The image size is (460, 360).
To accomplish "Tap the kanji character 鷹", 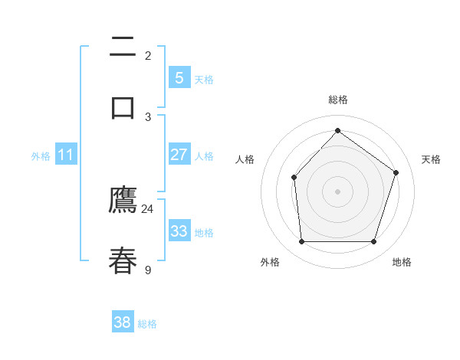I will (x=123, y=200).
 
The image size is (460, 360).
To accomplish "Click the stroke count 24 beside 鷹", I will (x=147, y=209).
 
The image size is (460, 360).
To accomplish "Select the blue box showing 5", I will (x=179, y=77).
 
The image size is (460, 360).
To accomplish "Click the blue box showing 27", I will (x=179, y=155).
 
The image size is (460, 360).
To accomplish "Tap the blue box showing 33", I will (x=179, y=231).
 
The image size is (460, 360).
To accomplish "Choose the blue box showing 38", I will (x=123, y=322).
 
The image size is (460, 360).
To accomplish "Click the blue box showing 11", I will (x=66, y=155).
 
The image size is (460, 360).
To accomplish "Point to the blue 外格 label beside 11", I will (x=41, y=155).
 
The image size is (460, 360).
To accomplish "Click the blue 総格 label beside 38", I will (x=147, y=324).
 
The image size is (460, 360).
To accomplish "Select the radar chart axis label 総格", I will (x=337, y=100).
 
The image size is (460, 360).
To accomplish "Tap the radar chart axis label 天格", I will (x=431, y=159).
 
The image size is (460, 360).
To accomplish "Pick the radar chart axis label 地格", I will (x=402, y=262).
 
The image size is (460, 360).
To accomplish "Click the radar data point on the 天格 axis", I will (x=396, y=172).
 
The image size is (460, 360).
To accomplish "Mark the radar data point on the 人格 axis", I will (x=294, y=178).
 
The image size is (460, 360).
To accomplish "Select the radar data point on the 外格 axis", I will (x=301, y=242).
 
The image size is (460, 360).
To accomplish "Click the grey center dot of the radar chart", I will (x=337, y=191).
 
